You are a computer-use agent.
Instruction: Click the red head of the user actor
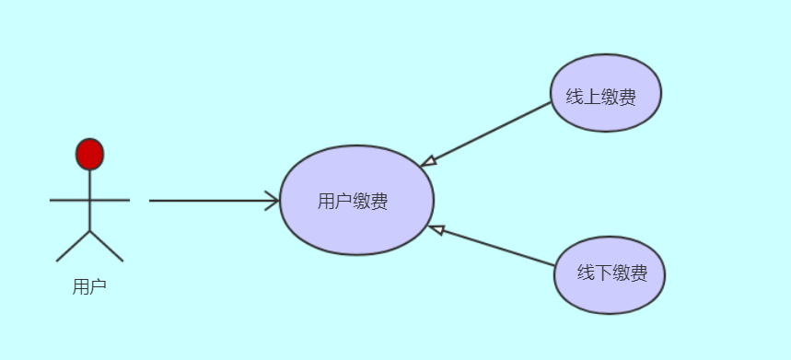[89, 155]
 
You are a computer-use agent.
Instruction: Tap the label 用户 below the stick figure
[89, 286]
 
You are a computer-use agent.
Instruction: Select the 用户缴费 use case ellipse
[356, 230]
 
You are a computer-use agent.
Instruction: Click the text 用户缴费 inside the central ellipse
[353, 202]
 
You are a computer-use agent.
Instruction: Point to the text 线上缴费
[600, 96]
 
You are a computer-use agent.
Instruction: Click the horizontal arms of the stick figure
[69, 199]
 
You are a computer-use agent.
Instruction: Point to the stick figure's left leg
[73, 246]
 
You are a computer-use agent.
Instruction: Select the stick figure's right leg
[107, 246]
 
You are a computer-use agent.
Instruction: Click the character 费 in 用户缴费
[378, 202]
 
